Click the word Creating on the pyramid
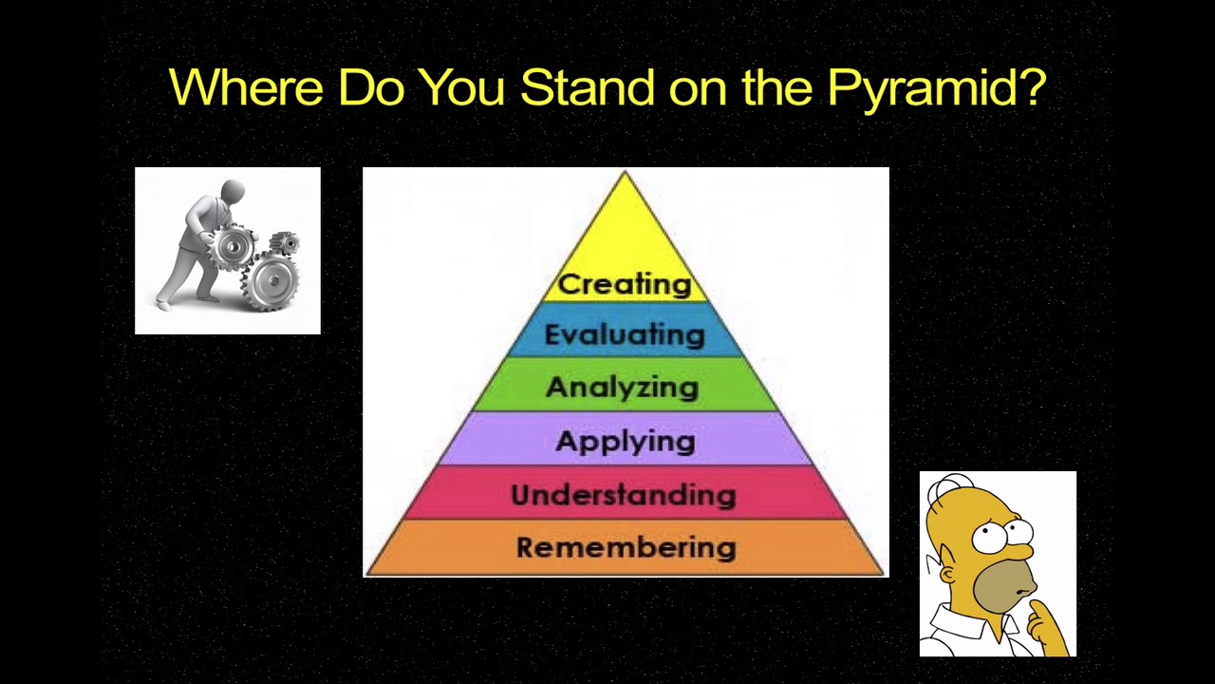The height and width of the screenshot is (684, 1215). click(625, 284)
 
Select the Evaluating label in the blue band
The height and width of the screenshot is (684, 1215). click(625, 334)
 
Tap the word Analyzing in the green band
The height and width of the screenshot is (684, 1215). click(623, 388)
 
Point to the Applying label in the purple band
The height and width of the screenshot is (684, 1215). click(626, 442)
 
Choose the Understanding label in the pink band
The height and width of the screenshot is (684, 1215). click(624, 495)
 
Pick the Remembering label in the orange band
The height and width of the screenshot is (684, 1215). click(626, 547)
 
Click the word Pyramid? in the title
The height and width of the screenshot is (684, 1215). click(936, 88)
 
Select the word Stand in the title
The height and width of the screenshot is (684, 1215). click(587, 87)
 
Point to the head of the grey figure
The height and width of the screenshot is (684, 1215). click(233, 193)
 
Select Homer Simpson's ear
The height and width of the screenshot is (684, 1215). click(947, 576)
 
